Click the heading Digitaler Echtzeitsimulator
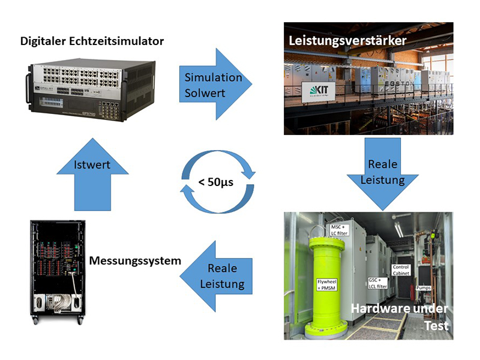92,41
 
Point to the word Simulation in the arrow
213,77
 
